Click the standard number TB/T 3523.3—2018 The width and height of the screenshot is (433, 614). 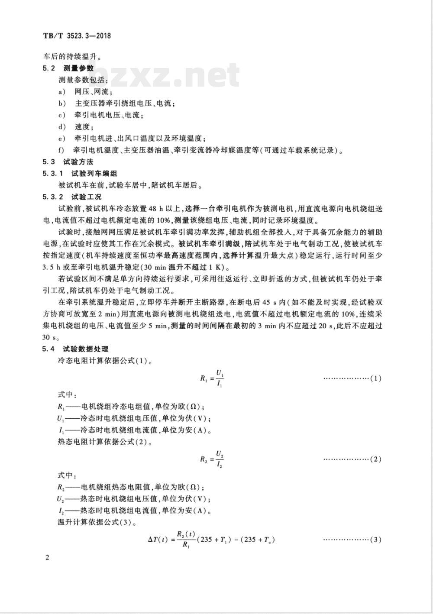(x=77, y=36)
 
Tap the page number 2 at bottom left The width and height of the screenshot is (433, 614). (x=47, y=557)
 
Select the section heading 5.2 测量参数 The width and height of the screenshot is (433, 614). (x=69, y=68)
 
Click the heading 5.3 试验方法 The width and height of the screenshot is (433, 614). (x=69, y=162)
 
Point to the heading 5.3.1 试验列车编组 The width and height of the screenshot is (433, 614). (x=80, y=174)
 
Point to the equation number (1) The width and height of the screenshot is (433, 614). (x=375, y=378)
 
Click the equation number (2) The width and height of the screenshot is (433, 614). (x=375, y=459)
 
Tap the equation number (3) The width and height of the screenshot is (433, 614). (x=375, y=540)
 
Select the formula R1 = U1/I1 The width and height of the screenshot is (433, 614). (x=212, y=378)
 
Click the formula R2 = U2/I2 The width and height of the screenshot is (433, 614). (x=212, y=459)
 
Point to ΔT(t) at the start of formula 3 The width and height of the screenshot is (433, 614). (x=157, y=540)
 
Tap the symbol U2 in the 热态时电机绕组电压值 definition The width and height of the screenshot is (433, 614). (x=61, y=499)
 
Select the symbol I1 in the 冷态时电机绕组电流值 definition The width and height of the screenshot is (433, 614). (x=61, y=430)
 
